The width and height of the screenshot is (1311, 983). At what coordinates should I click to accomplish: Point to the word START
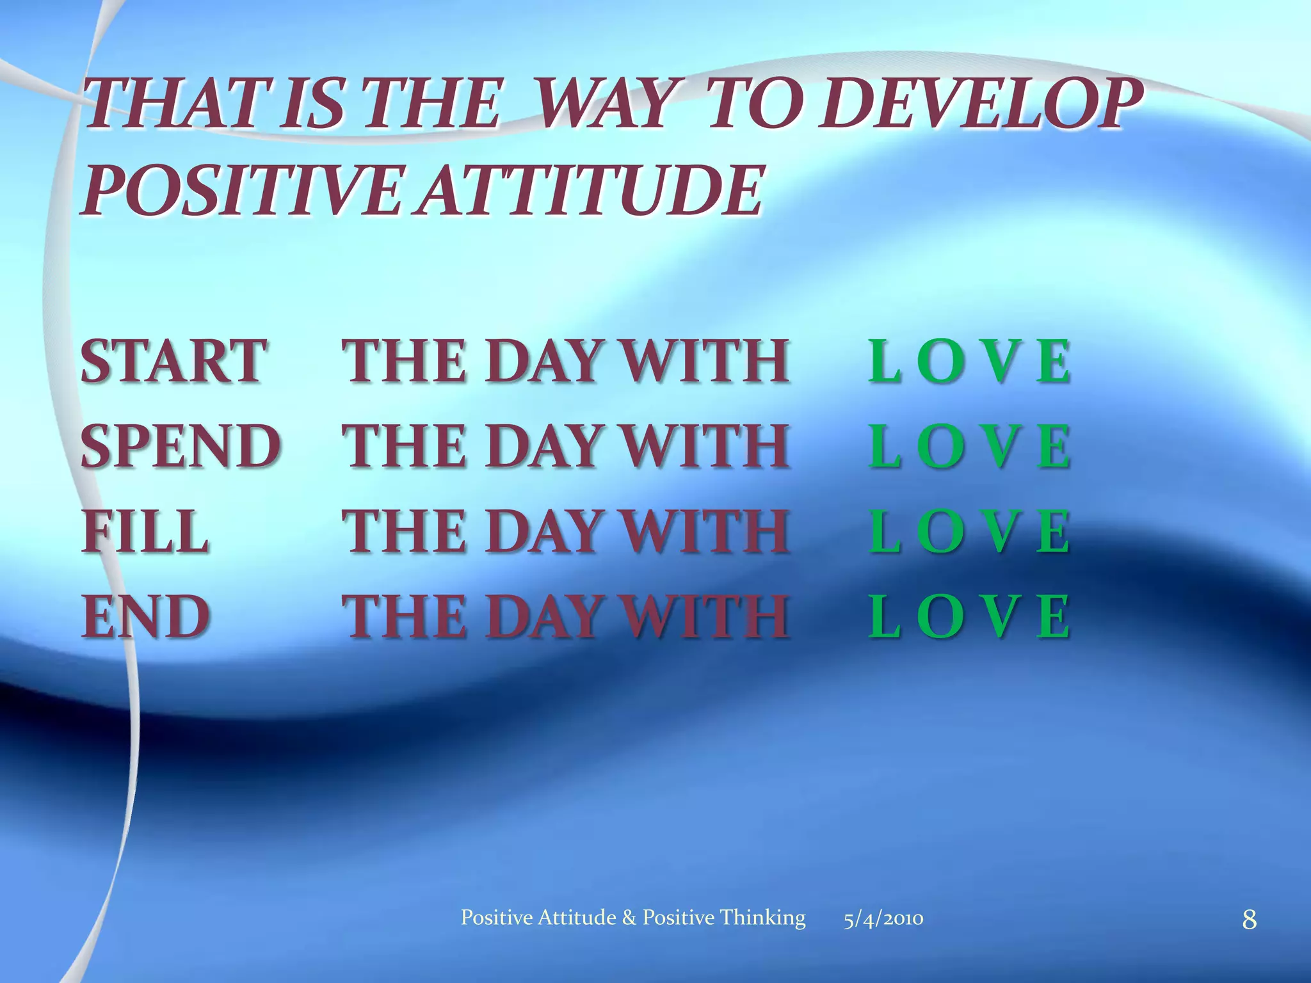(x=173, y=362)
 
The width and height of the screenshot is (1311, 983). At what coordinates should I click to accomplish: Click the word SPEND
(x=181, y=447)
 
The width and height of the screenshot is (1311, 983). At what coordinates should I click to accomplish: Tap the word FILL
(x=145, y=531)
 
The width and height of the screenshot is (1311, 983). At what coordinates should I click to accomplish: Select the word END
(x=146, y=616)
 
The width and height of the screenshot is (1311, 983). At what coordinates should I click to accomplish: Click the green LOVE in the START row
(x=969, y=362)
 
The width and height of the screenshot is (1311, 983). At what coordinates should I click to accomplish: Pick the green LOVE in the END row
(x=969, y=616)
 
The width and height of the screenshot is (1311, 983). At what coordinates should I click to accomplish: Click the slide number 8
(x=1249, y=920)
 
